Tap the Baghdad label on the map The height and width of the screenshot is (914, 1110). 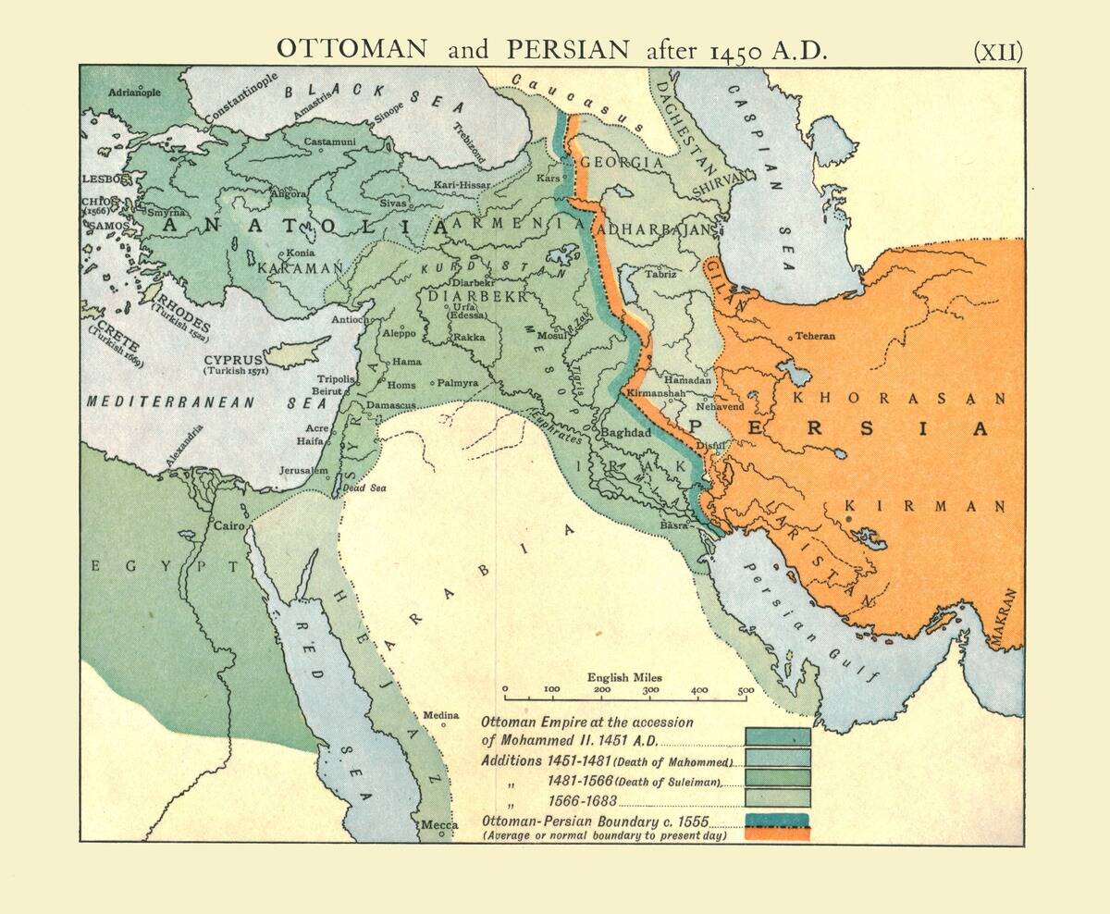[x=628, y=432]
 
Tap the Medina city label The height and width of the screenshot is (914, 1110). [x=440, y=715]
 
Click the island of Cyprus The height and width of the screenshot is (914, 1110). [x=296, y=352]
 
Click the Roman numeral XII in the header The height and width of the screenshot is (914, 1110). [x=998, y=51]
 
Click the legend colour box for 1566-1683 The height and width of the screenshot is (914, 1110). [x=778, y=797]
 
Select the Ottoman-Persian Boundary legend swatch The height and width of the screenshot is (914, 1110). [x=778, y=827]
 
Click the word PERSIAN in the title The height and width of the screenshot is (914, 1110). [x=570, y=50]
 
